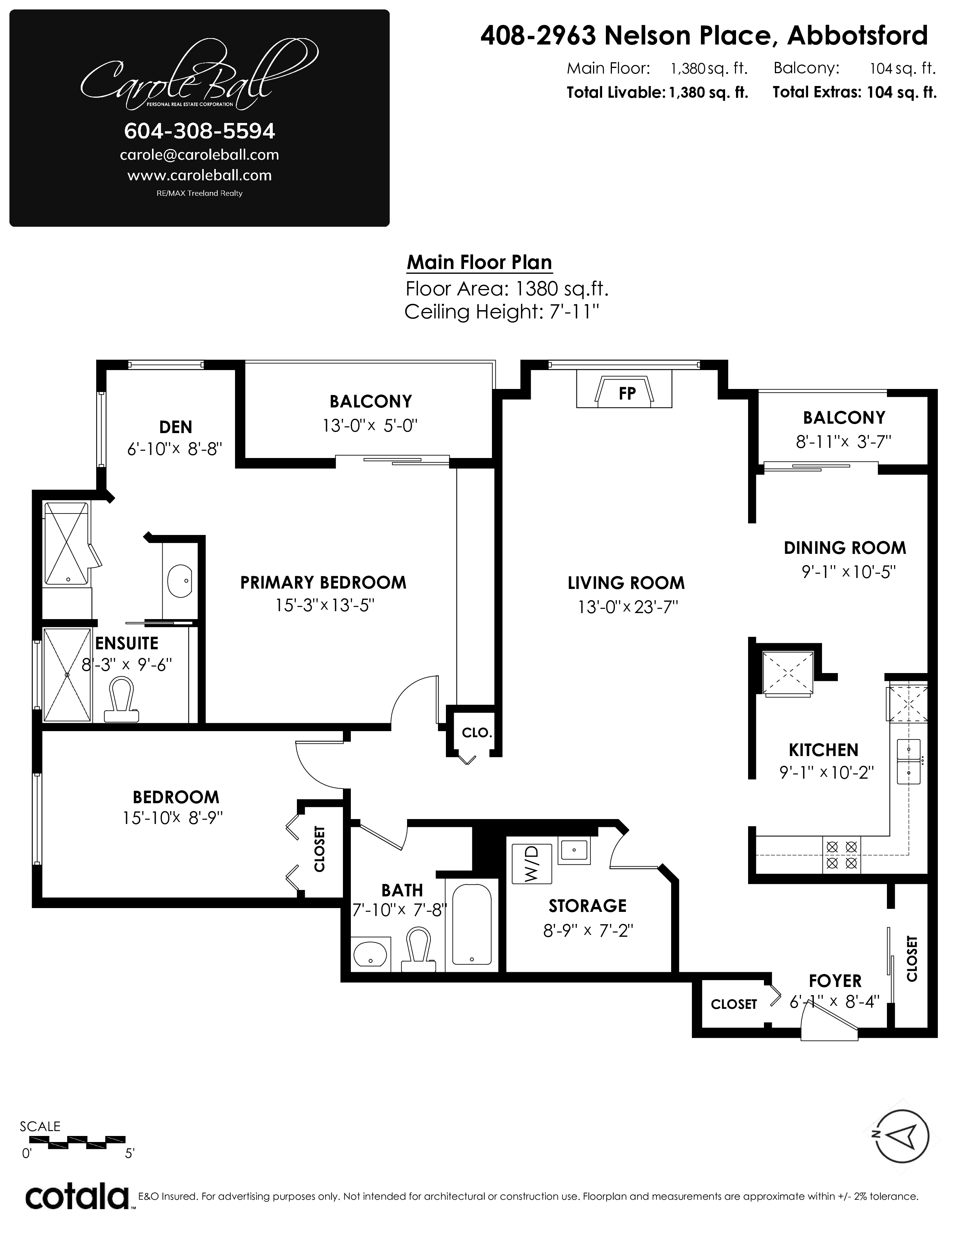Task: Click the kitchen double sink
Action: click(x=908, y=761)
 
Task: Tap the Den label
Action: click(x=175, y=427)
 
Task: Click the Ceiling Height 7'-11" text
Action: click(x=502, y=312)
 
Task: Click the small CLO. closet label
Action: click(x=477, y=733)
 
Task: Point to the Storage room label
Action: click(x=587, y=906)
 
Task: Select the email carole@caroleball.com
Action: click(x=200, y=154)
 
